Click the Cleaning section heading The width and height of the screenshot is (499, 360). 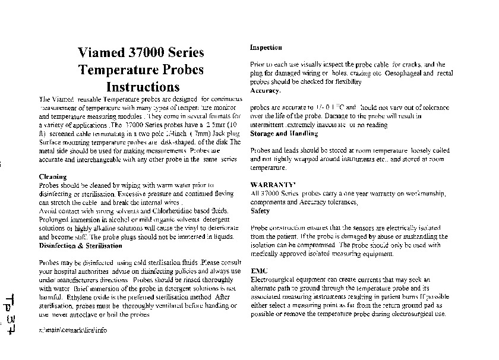click(x=52, y=177)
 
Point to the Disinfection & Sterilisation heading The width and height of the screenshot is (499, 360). click(x=80, y=245)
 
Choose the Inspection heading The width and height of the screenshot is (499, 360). click(x=266, y=48)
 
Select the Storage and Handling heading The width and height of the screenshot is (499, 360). click(x=284, y=134)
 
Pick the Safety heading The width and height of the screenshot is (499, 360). click(x=260, y=211)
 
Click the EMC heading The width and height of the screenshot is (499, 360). click(x=258, y=271)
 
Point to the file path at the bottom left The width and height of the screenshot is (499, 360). click(x=72, y=330)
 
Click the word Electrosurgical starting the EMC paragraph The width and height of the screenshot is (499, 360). click(x=271, y=279)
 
